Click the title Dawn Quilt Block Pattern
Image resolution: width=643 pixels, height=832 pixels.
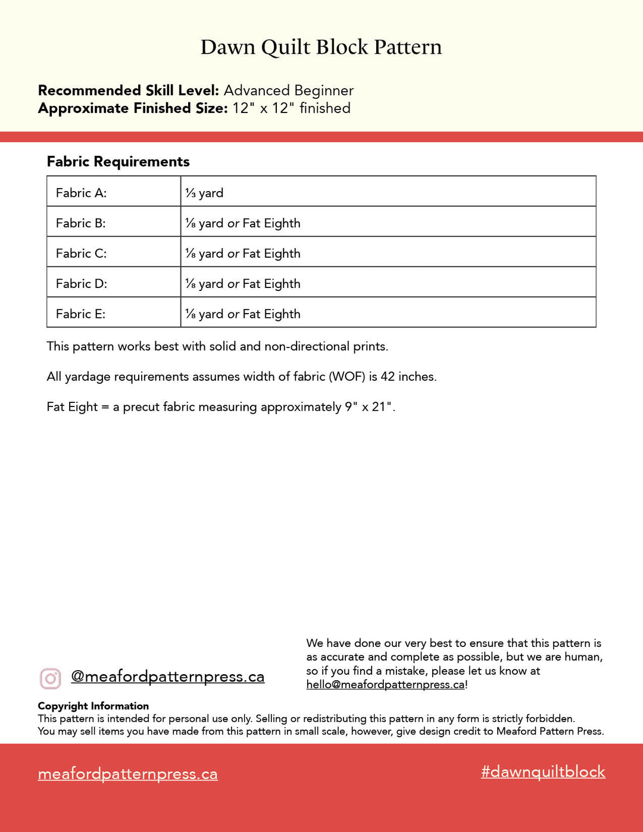point(321,47)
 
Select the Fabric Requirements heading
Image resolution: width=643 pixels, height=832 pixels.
point(118,161)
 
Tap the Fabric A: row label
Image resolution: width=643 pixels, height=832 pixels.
point(81,193)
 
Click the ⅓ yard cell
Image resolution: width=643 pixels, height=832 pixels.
point(204,193)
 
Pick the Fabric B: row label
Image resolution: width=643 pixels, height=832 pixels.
point(80,223)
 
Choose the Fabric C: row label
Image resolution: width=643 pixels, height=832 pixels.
point(81,254)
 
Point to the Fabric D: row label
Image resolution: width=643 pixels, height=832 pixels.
point(81,284)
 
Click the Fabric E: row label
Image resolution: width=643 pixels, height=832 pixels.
point(80,314)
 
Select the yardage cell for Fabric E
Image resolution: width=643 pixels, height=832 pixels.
point(243,314)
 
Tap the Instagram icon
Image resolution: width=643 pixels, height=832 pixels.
point(51,678)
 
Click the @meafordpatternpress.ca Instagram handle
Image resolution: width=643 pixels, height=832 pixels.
point(167,677)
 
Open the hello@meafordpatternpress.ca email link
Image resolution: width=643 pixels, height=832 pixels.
point(385,684)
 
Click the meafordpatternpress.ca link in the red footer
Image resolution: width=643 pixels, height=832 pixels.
point(127,774)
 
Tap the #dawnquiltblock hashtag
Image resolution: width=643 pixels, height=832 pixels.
point(543,772)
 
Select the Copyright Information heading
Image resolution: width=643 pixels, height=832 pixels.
point(93,706)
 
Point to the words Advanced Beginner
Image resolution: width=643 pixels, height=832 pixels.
point(288,90)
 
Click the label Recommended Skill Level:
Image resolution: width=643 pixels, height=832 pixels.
point(129,90)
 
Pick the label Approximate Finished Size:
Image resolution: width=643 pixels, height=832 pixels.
point(133,108)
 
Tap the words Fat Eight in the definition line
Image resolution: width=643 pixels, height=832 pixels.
point(72,407)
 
